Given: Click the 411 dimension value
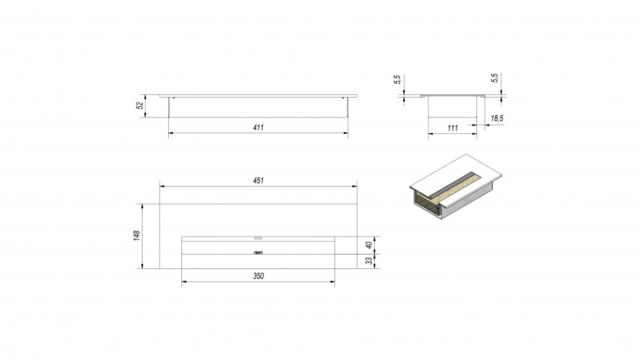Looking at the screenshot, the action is (x=259, y=128).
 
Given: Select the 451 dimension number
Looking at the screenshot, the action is (x=259, y=181).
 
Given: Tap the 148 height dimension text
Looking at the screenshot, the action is (x=137, y=235).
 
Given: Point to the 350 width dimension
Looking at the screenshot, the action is (x=259, y=276).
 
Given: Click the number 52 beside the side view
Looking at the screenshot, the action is (x=140, y=105).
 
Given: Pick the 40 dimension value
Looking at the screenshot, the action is (x=369, y=245).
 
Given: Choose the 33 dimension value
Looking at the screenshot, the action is (x=369, y=261).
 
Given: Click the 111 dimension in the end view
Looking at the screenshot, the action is (x=453, y=128).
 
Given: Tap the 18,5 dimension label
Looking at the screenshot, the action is (x=497, y=119).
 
